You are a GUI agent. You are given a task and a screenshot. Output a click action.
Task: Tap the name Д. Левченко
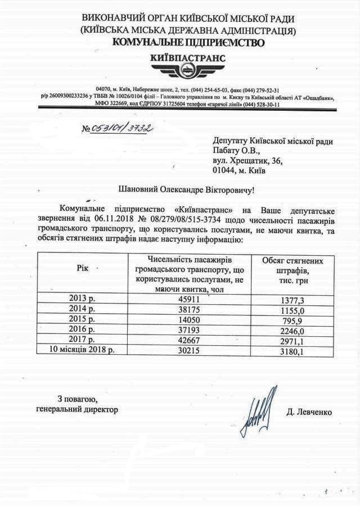click(309, 413)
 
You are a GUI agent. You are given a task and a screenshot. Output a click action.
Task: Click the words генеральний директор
click(77, 409)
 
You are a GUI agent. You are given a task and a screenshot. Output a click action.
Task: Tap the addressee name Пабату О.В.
click(237, 150)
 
